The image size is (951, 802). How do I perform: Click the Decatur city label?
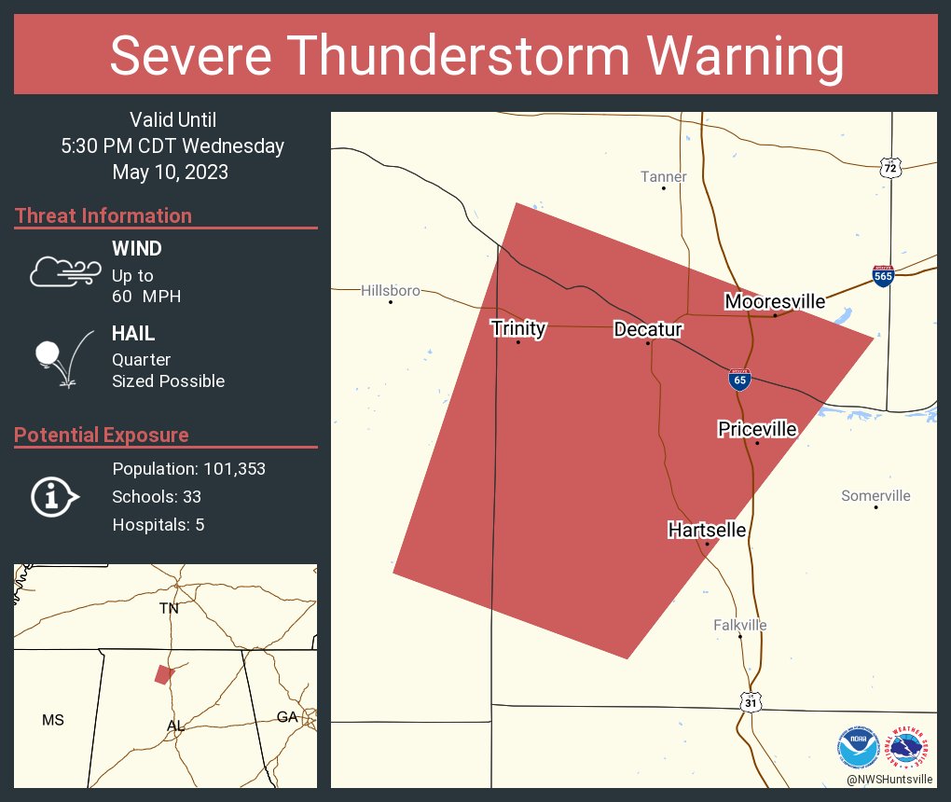click(x=648, y=329)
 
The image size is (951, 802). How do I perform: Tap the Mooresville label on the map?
click(x=775, y=301)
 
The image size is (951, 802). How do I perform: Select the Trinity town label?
click(x=518, y=328)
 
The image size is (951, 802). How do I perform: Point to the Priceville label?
click(x=757, y=429)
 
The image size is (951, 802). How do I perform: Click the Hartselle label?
click(x=707, y=531)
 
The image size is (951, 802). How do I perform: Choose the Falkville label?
click(x=739, y=625)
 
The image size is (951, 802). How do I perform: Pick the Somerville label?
click(x=875, y=496)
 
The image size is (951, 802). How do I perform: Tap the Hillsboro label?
click(x=391, y=291)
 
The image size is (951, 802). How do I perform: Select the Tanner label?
click(x=664, y=177)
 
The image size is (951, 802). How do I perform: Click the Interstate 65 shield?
click(x=739, y=380)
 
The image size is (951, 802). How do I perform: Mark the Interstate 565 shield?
click(x=883, y=275)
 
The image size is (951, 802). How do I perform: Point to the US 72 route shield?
click(x=890, y=168)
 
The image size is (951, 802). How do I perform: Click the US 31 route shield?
click(x=751, y=702)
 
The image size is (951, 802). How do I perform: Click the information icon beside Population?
click(x=54, y=497)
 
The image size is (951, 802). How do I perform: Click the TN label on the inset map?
click(x=169, y=608)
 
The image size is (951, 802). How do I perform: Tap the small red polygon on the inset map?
click(x=165, y=674)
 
